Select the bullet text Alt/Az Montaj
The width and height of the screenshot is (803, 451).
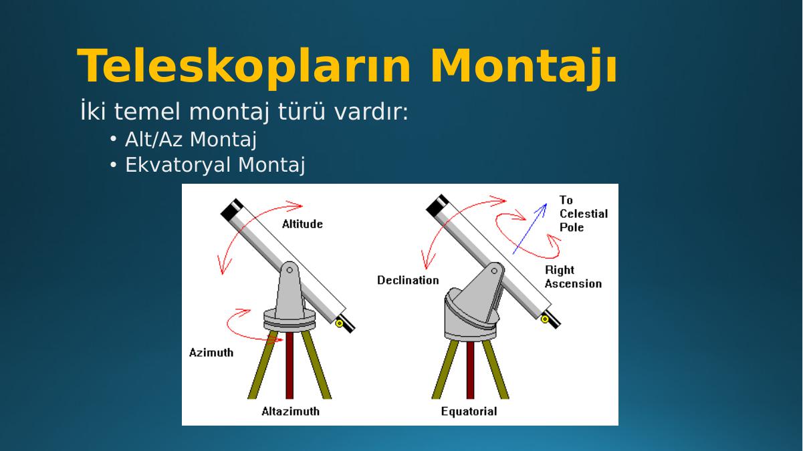(x=191, y=140)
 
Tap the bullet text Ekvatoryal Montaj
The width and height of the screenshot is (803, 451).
(x=215, y=165)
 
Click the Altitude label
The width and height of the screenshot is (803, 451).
(x=302, y=224)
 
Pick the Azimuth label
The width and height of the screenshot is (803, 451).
(x=211, y=353)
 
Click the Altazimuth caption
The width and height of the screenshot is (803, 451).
(x=290, y=411)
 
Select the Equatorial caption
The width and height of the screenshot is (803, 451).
(x=469, y=411)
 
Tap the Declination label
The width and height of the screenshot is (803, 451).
(x=408, y=280)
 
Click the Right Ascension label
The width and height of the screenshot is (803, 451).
(x=573, y=277)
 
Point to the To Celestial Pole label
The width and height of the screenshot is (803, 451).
(x=584, y=214)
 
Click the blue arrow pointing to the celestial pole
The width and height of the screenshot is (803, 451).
(x=530, y=229)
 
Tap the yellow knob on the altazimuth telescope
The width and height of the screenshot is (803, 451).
(x=339, y=324)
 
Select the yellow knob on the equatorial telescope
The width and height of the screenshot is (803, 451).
(x=545, y=319)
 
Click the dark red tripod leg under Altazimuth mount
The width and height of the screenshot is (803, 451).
(x=290, y=365)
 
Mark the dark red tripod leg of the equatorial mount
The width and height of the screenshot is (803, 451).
(x=470, y=369)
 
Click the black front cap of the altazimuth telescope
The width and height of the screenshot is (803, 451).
(x=232, y=210)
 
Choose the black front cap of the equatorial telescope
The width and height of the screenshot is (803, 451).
(x=437, y=206)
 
